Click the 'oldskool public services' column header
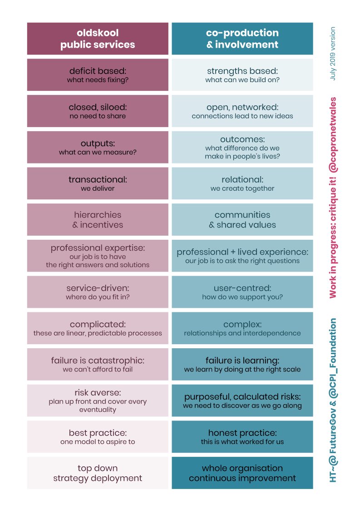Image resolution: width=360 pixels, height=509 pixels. pyautogui.click(x=98, y=39)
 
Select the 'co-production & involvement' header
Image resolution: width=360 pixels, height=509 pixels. pyautogui.click(x=242, y=39)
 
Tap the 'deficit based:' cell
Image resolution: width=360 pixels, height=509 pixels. pyautogui.click(x=98, y=74)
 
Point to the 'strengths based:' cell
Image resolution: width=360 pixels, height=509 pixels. pyautogui.click(x=242, y=74)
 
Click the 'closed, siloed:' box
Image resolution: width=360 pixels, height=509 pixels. pyautogui.click(x=98, y=111)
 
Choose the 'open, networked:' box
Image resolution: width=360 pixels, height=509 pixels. pyautogui.click(x=242, y=111)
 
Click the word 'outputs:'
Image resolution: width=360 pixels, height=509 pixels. pyautogui.click(x=98, y=143)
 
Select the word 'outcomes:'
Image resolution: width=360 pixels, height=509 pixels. pyautogui.click(x=242, y=139)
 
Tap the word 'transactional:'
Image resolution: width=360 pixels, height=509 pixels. pyautogui.click(x=98, y=179)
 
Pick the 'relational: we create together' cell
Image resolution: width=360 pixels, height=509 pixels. pyautogui.click(x=242, y=183)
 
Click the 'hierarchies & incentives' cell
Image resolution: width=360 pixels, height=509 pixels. pyautogui.click(x=98, y=219)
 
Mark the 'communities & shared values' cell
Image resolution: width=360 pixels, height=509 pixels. pyautogui.click(x=242, y=219)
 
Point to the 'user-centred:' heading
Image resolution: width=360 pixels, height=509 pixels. pyautogui.click(x=242, y=288)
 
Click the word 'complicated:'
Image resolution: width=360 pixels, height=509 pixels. pyautogui.click(x=98, y=324)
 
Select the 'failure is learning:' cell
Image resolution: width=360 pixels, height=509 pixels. pyautogui.click(x=242, y=364)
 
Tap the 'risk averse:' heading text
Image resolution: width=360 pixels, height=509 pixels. pyautogui.click(x=98, y=392)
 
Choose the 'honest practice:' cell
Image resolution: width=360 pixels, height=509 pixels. pyautogui.click(x=242, y=437)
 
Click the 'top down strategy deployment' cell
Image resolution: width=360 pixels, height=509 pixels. pyautogui.click(x=98, y=473)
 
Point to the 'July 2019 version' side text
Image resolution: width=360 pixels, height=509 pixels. pyautogui.click(x=333, y=54)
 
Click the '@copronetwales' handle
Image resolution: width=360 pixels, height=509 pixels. pyautogui.click(x=333, y=135)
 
